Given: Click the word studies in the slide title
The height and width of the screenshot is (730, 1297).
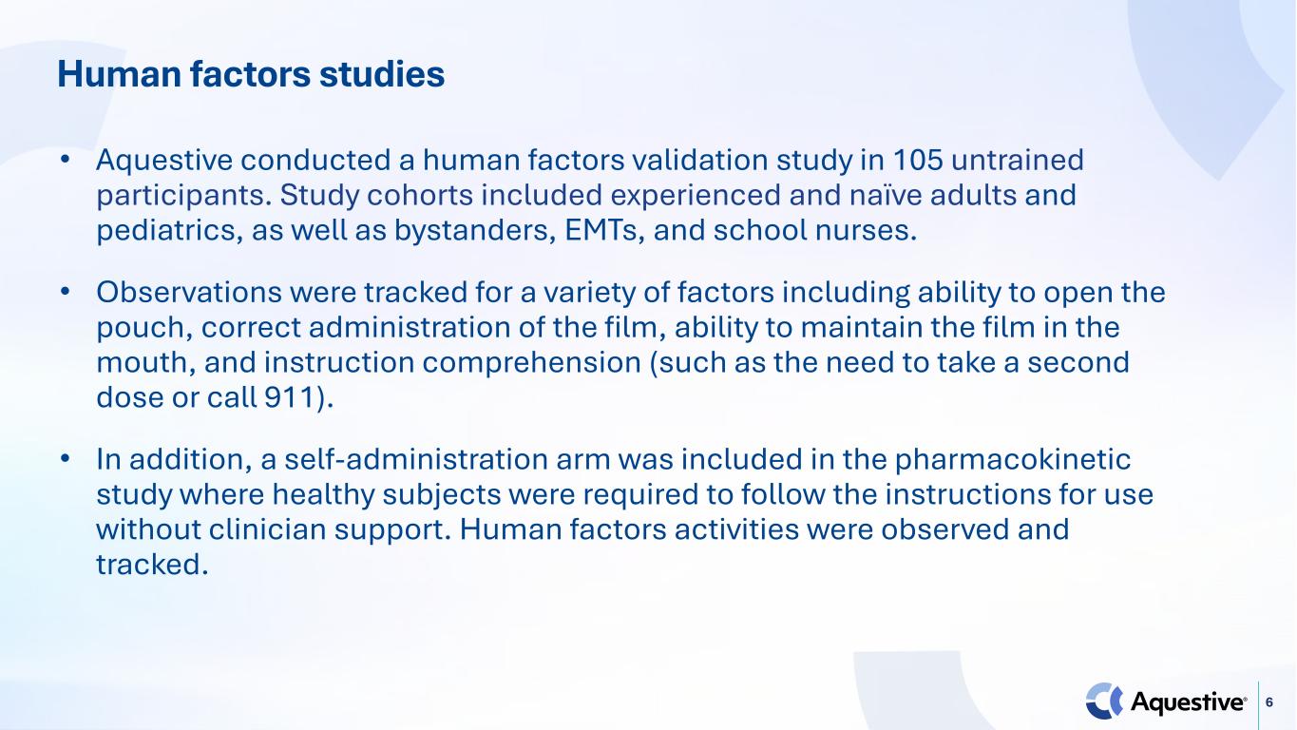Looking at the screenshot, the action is click(382, 74).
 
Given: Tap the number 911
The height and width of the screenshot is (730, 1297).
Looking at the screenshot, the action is click(288, 397).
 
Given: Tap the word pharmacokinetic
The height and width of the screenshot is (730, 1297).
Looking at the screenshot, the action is click(1013, 460).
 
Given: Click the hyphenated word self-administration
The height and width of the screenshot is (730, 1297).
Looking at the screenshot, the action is click(416, 459).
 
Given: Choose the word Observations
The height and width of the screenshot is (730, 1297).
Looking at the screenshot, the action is click(189, 292).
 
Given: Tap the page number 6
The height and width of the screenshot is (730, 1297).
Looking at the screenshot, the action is click(1269, 702).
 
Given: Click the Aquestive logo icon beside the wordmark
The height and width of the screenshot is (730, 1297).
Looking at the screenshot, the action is click(1104, 701).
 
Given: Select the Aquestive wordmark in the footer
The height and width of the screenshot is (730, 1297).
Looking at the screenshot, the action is click(1189, 702).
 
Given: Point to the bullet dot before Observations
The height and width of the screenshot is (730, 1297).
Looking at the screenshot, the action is click(65, 291).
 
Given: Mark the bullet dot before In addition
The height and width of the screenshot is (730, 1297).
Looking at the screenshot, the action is click(65, 459).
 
